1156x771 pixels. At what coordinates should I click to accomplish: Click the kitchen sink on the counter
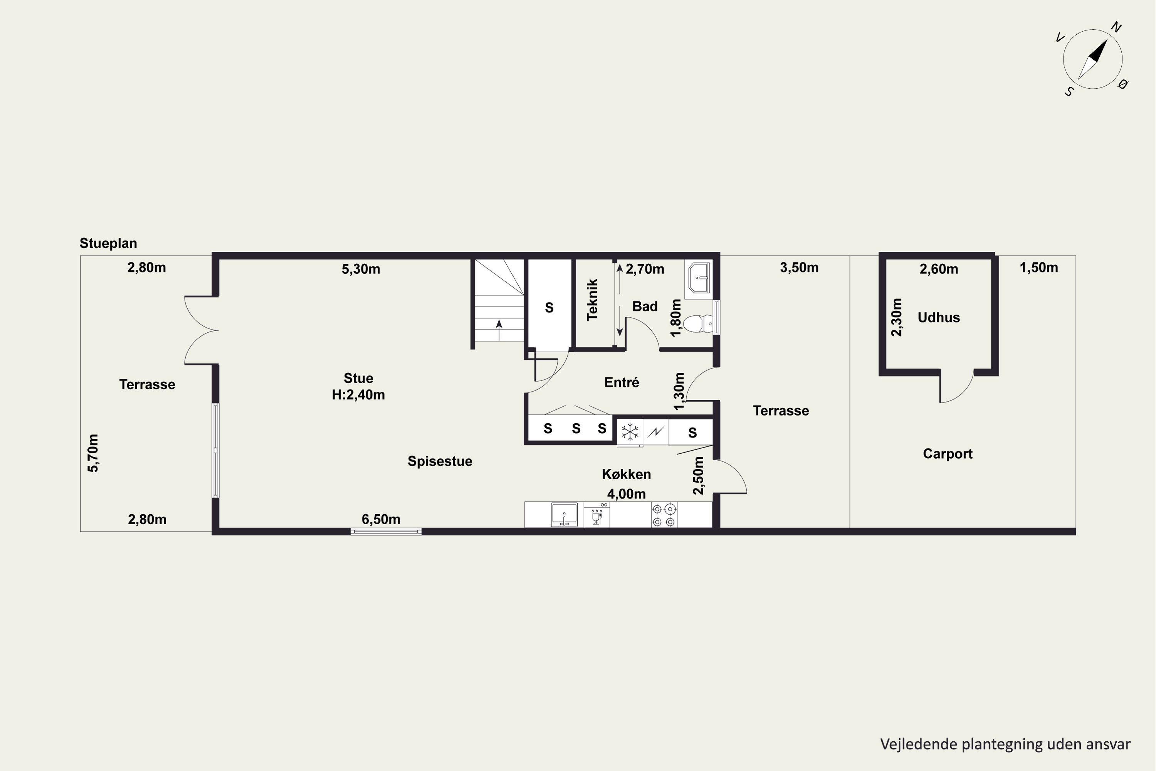pyautogui.click(x=564, y=514)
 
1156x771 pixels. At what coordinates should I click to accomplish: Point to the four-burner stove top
pyautogui.click(x=664, y=515)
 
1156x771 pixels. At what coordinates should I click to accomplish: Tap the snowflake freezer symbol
pyautogui.click(x=630, y=432)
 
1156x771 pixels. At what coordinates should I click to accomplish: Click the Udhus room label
pyautogui.click(x=939, y=318)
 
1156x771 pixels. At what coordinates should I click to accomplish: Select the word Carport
pyautogui.click(x=948, y=454)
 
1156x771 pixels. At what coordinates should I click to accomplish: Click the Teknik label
pyautogui.click(x=592, y=300)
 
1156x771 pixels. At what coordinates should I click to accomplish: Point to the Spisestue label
pyautogui.click(x=440, y=461)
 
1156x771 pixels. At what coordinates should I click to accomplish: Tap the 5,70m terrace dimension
pyautogui.click(x=93, y=453)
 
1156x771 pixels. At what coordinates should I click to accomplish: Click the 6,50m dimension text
pyautogui.click(x=381, y=519)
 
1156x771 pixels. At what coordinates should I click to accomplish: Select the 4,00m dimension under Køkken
pyautogui.click(x=626, y=494)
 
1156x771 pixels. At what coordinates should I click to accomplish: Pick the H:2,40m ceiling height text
pyautogui.click(x=358, y=395)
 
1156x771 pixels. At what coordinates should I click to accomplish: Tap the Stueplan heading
pyautogui.click(x=108, y=243)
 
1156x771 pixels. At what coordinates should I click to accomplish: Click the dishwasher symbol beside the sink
pyautogui.click(x=596, y=515)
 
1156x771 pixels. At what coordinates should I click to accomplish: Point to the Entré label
pyautogui.click(x=622, y=382)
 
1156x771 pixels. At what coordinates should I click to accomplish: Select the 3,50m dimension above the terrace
pyautogui.click(x=799, y=268)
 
